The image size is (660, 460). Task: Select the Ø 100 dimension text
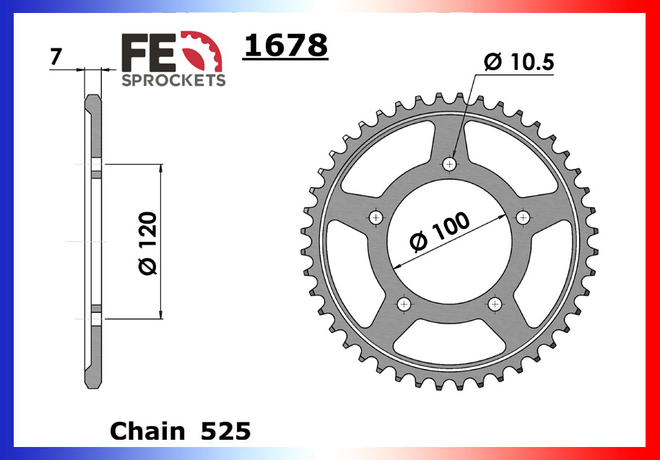439,233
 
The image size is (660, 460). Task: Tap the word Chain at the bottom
147,431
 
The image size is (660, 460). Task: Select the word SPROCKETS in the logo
173,80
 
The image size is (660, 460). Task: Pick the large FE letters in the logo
148,53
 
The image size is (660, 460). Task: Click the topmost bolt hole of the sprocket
450,165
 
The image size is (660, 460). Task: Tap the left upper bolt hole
375,217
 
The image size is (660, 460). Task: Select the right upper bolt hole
523,217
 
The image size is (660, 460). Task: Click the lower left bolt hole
404,304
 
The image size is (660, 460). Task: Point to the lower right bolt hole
495,304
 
